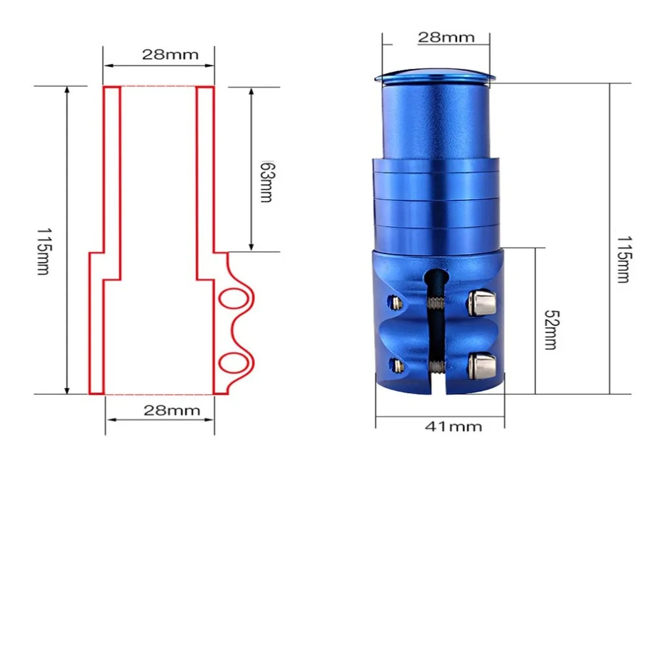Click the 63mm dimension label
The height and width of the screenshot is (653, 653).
tap(266, 182)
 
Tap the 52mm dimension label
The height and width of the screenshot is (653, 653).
tap(551, 330)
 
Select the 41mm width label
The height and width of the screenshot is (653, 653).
tap(454, 426)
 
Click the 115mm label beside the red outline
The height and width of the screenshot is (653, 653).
tap(44, 251)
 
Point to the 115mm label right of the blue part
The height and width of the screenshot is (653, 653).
tap(623, 259)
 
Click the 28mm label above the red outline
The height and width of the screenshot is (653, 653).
tap(170, 55)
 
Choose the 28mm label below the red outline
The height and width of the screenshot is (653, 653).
tap(172, 411)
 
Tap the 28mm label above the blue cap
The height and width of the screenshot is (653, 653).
tap(446, 37)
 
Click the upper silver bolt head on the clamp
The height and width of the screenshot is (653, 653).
tap(481, 302)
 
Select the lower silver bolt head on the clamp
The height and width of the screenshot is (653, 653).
tap(482, 366)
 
